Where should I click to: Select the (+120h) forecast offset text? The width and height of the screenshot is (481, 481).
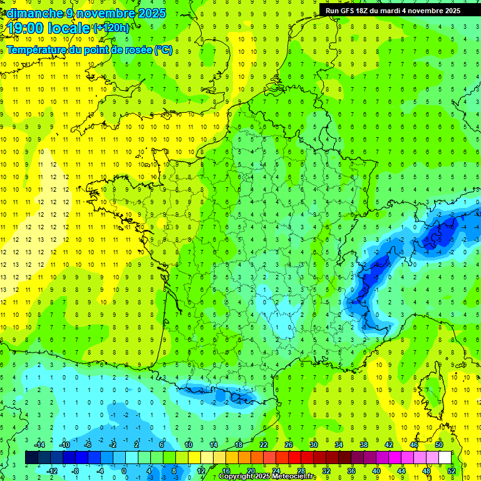pyautogui.click(x=111, y=28)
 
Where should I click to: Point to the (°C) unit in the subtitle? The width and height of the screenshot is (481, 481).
pyautogui.click(x=163, y=49)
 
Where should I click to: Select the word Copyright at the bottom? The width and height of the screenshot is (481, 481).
pyautogui.click(x=237, y=477)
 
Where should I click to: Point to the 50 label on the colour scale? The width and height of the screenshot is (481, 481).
pyautogui.click(x=439, y=445)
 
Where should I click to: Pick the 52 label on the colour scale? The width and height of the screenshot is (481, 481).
pyautogui.click(x=452, y=470)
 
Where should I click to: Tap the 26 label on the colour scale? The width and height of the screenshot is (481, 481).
pyautogui.click(x=289, y=445)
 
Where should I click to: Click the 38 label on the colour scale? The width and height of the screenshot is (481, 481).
pyautogui.click(x=364, y=445)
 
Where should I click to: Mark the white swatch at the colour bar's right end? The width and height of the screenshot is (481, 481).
pyautogui.click(x=445, y=457)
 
